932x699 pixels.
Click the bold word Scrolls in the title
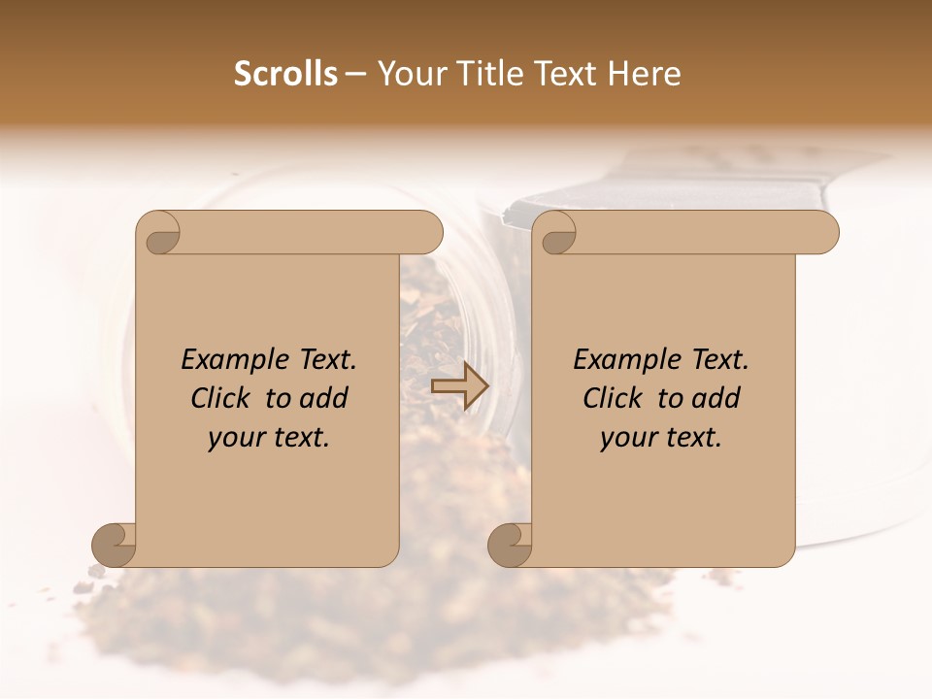pos(285,74)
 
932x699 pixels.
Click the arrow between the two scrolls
pos(459,386)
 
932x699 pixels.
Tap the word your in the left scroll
pos(234,438)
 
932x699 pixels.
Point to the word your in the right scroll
pos(626,438)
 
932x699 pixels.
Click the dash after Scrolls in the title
pos(355,75)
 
